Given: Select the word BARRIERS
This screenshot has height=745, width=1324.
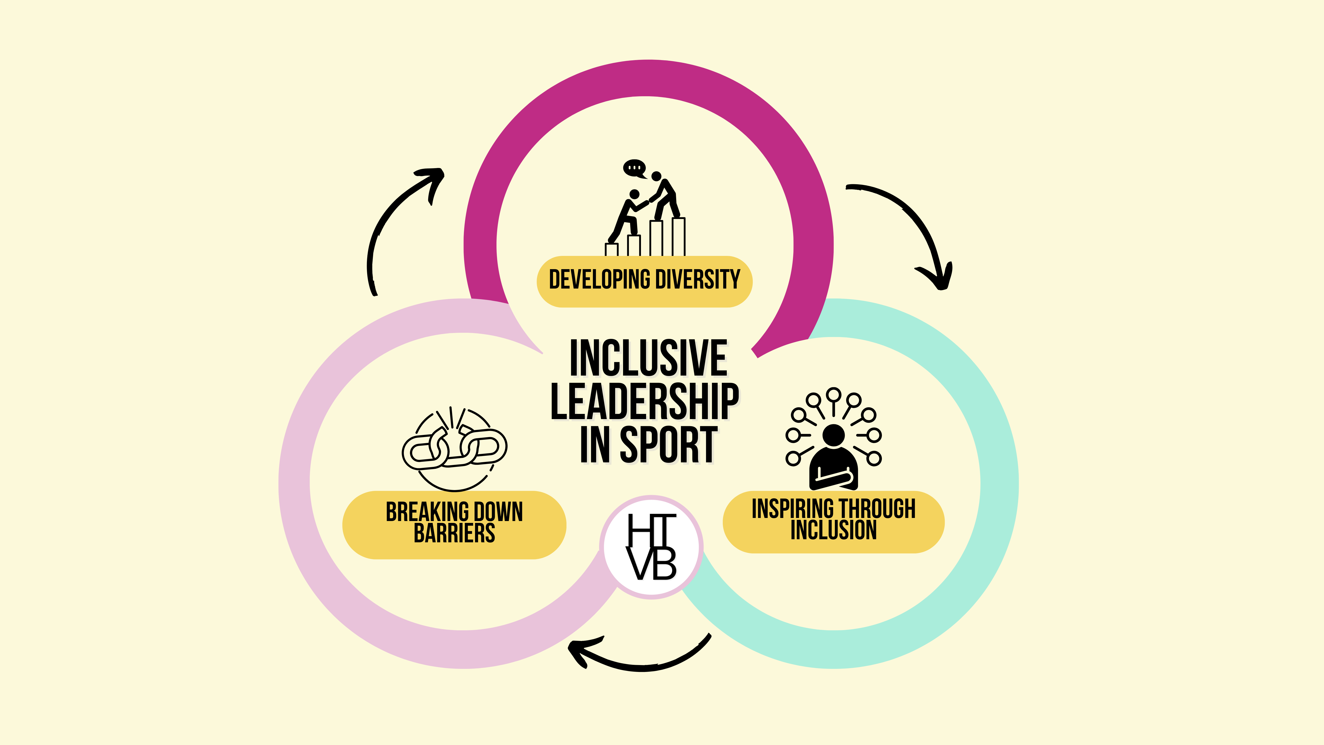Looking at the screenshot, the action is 454,533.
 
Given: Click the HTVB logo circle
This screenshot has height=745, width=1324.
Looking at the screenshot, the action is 651,547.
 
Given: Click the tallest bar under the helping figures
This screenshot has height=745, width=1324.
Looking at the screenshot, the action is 679,237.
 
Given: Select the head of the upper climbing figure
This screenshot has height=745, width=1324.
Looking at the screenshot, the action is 656,176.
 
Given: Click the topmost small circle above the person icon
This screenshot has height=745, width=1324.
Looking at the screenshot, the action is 833,395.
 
